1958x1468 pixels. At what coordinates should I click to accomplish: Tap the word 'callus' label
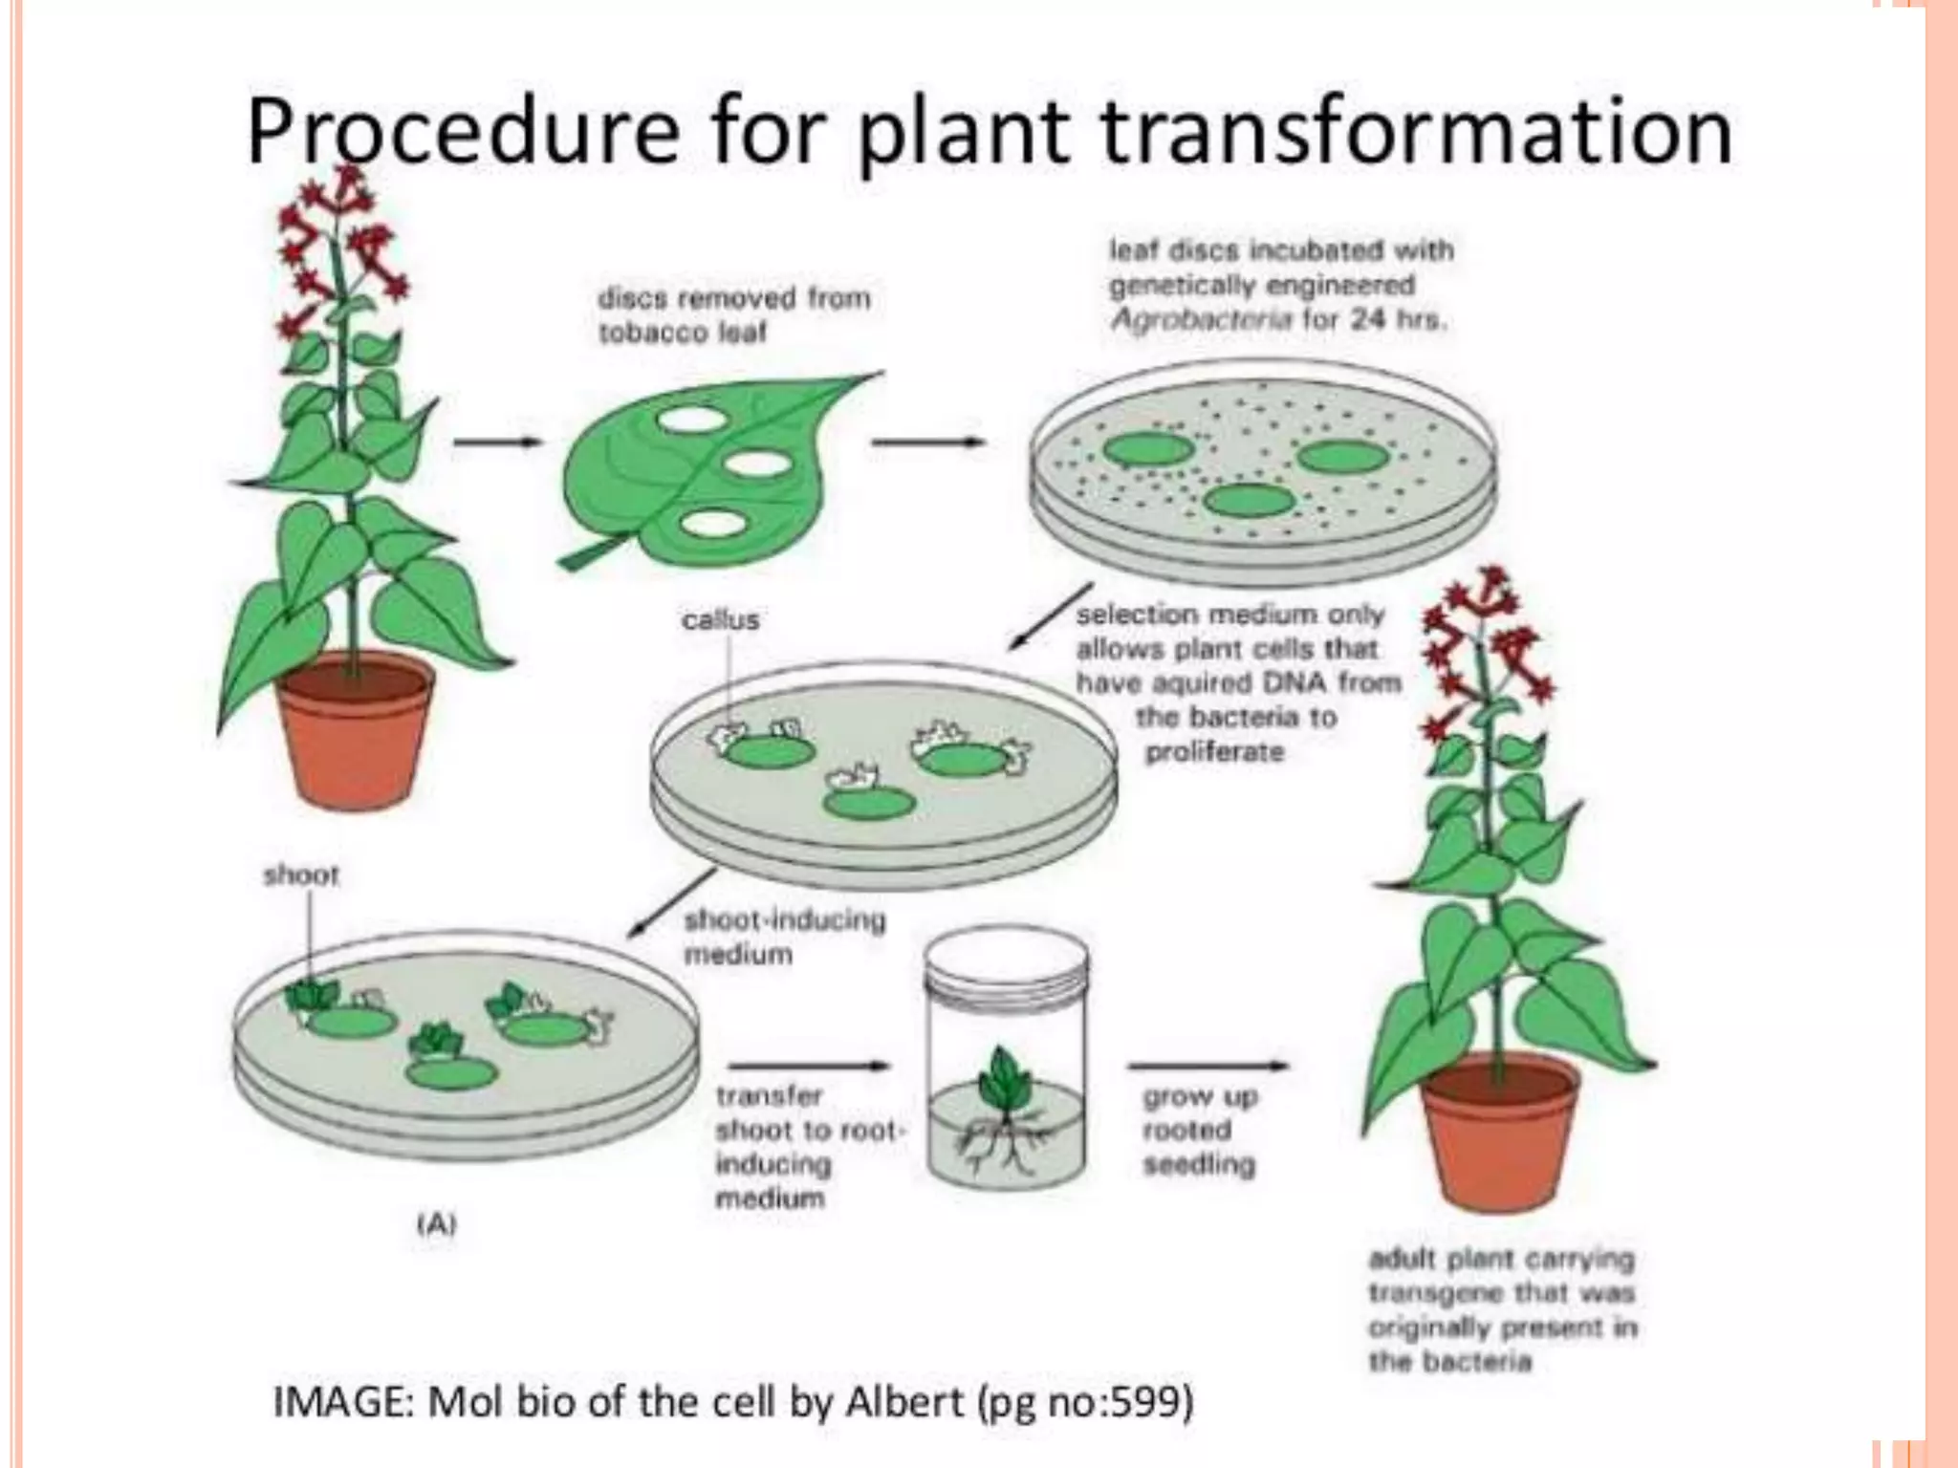pos(721,620)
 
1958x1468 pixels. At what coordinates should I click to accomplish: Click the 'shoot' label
pos(301,874)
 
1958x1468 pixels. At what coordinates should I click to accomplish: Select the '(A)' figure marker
pos(436,1223)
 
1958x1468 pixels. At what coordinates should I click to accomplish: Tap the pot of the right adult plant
pos(1499,1133)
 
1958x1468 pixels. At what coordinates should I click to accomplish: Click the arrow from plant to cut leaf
pos(497,442)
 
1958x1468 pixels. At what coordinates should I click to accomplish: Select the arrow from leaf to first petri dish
pos(927,442)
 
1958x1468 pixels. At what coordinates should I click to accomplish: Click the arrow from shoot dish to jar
pos(809,1066)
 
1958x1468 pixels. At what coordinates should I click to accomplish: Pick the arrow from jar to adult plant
pos(1207,1066)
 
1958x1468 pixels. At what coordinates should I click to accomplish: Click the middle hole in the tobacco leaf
pos(757,464)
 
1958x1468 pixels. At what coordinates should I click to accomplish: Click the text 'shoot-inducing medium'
pos(784,937)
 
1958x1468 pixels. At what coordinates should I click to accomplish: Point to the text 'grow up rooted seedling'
pos(1200,1131)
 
